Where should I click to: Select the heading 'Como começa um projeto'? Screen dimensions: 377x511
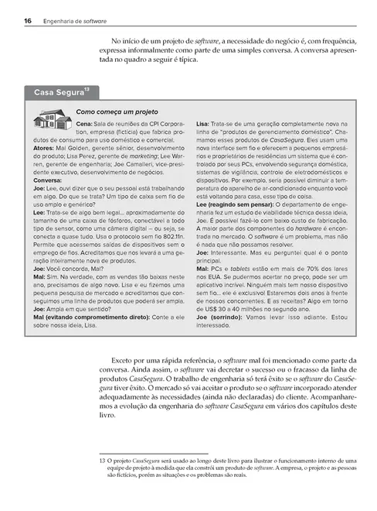(x=117, y=111)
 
